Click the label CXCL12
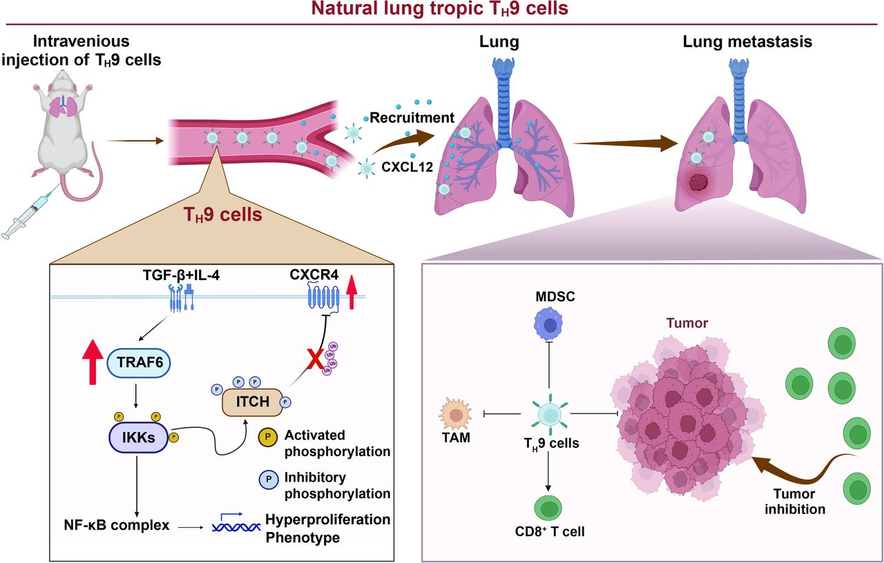pyautogui.click(x=401, y=166)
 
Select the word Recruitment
pyautogui.click(x=411, y=118)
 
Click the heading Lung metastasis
pyautogui.click(x=747, y=41)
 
